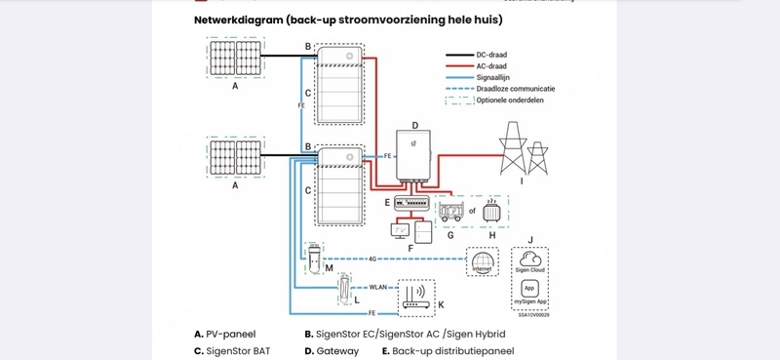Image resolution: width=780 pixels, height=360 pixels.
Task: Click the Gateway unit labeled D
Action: [x=417, y=159]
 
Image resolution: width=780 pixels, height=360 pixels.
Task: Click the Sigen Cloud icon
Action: [x=529, y=260]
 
